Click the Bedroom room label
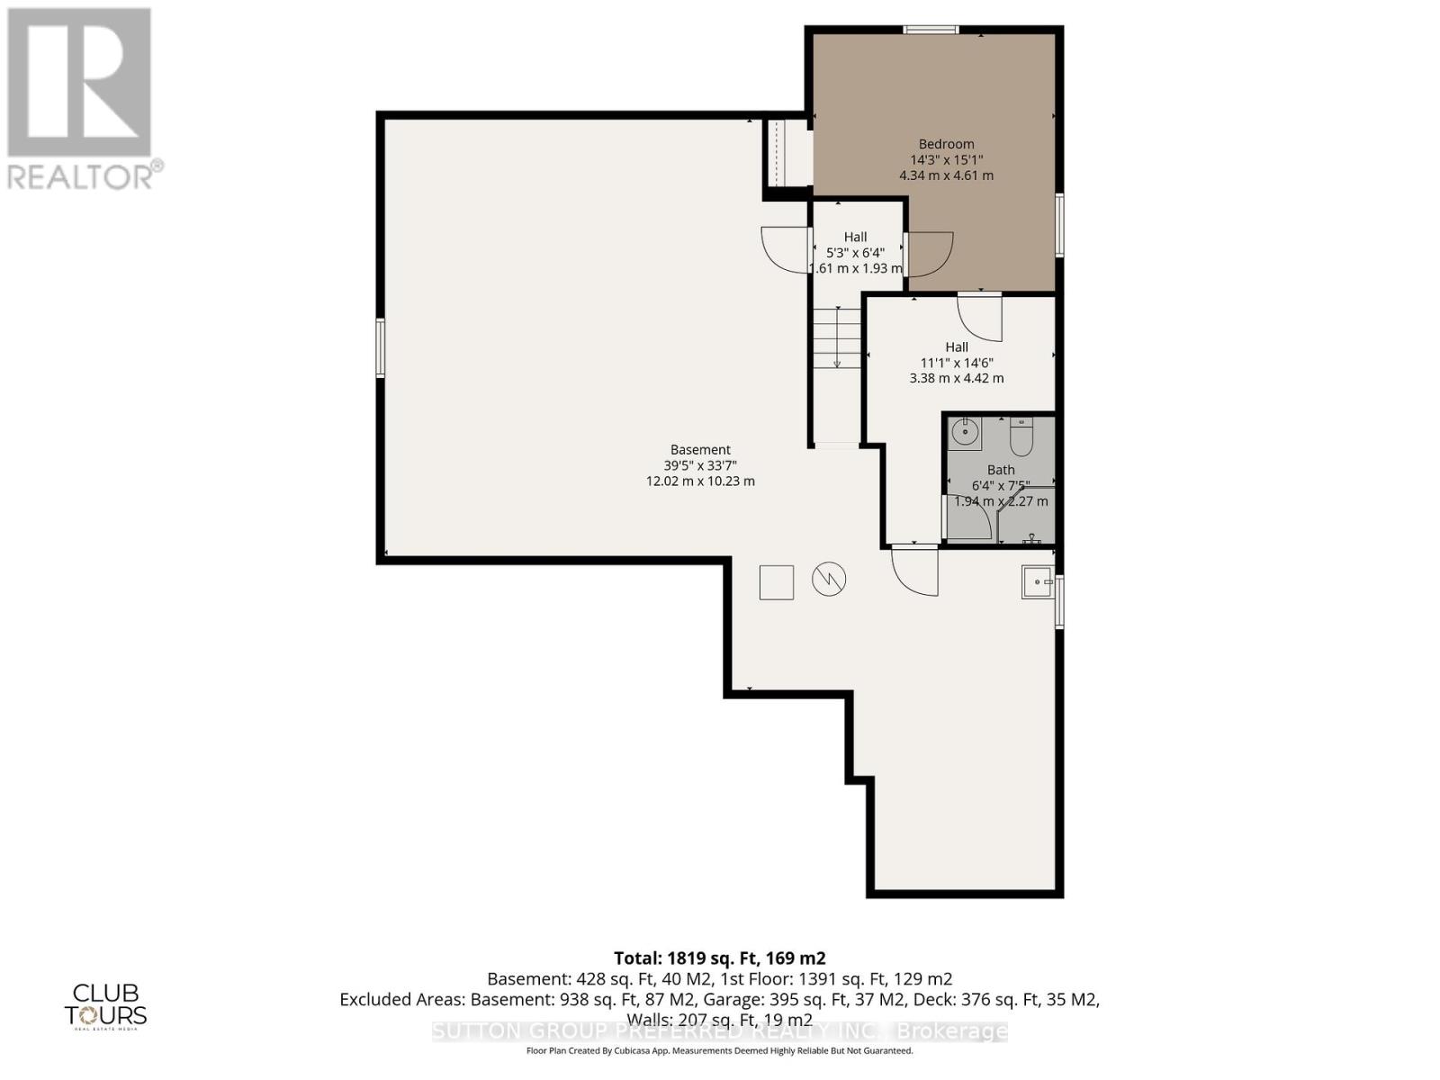tap(946, 144)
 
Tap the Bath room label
tap(1000, 470)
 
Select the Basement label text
tap(700, 450)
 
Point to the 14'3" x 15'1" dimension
tap(946, 160)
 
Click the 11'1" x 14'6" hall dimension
tap(956, 363)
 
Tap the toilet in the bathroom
tap(1021, 438)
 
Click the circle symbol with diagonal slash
tap(829, 580)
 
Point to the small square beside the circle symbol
tap(776, 582)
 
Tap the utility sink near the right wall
tap(1037, 582)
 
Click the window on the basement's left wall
tap(381, 347)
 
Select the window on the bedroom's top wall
tap(931, 31)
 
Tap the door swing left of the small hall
tap(786, 250)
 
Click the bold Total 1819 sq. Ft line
tap(719, 958)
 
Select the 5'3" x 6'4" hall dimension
tap(855, 253)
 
